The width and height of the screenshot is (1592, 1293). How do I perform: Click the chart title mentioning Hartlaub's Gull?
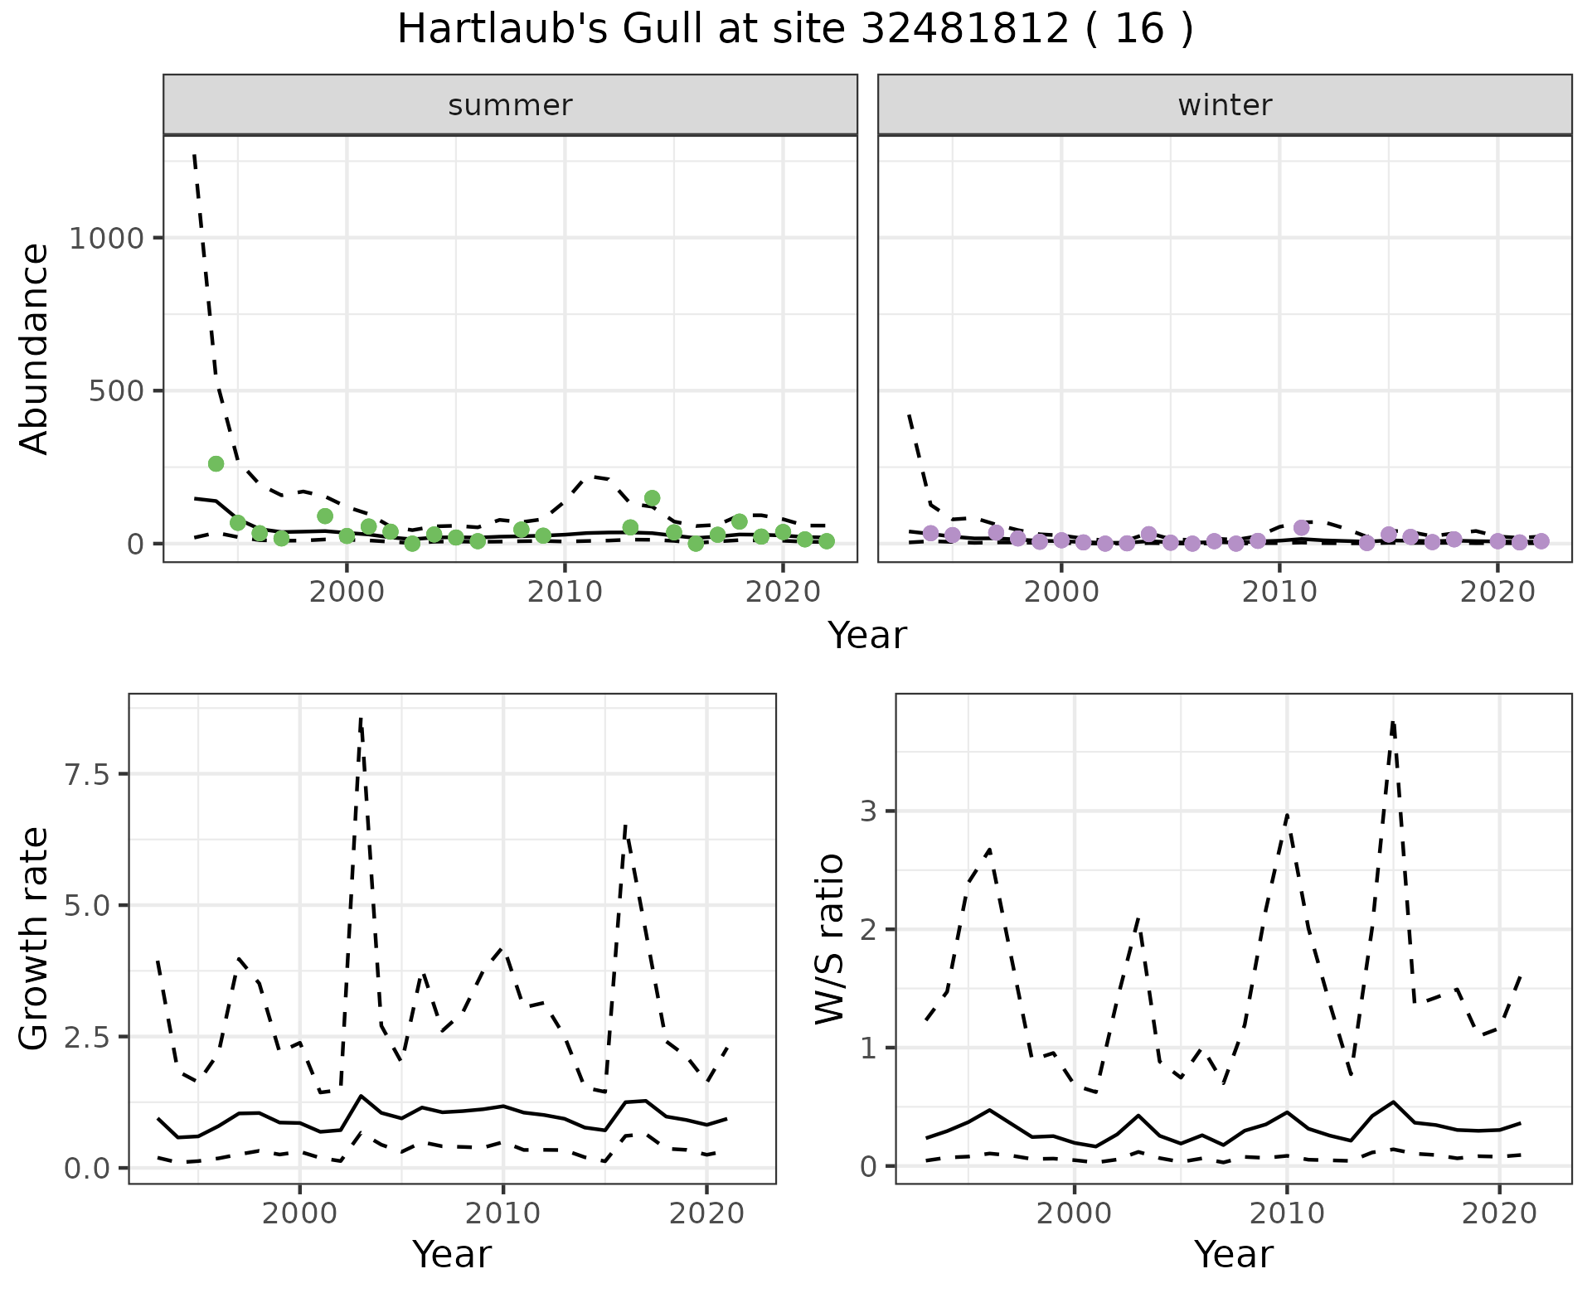pyautogui.click(x=795, y=30)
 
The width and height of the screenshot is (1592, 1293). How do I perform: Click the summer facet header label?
pyautogui.click(x=510, y=105)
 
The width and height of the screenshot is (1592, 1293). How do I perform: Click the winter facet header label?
pyautogui.click(x=1225, y=105)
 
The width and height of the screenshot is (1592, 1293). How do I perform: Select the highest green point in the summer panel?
pyautogui.click(x=216, y=463)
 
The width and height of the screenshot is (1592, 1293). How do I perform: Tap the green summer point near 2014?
pyautogui.click(x=652, y=498)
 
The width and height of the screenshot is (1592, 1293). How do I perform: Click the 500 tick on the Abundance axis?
pyautogui.click(x=114, y=391)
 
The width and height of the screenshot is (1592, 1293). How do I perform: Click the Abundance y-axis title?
pyautogui.click(x=35, y=349)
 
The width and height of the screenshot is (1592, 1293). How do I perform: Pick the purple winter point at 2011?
pyautogui.click(x=1301, y=528)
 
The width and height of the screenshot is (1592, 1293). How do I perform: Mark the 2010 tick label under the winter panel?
pyautogui.click(x=1279, y=592)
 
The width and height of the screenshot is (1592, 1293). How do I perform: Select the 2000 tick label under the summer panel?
pyautogui.click(x=347, y=592)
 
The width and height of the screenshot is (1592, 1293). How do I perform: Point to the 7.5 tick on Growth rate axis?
pyautogui.click(x=85, y=775)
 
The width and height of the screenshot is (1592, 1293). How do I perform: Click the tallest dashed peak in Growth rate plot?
pyautogui.click(x=361, y=719)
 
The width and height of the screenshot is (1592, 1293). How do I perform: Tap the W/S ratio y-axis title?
pyautogui.click(x=830, y=939)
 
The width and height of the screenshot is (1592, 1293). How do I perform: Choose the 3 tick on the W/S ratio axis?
pyautogui.click(x=868, y=811)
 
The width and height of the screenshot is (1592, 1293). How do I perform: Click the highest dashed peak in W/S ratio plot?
pyautogui.click(x=1393, y=723)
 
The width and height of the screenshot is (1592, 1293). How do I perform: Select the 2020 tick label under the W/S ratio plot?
pyautogui.click(x=1498, y=1214)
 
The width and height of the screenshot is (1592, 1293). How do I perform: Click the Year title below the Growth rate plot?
pyautogui.click(x=452, y=1254)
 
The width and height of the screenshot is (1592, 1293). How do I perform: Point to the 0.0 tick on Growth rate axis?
pyautogui.click(x=85, y=1169)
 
